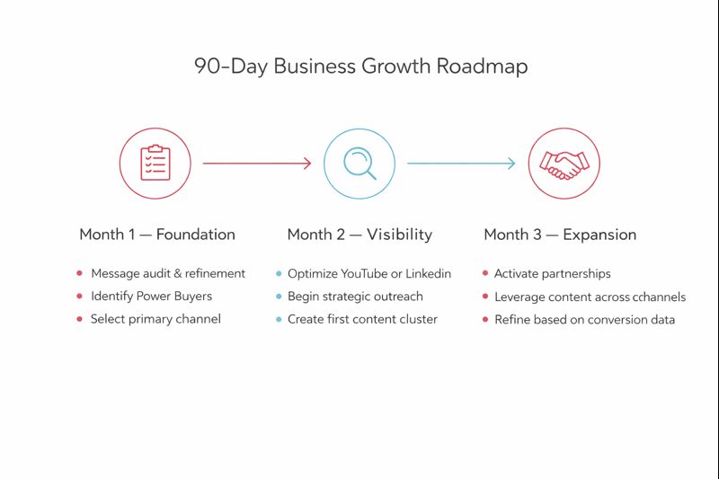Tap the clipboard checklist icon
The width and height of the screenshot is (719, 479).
pyautogui.click(x=155, y=163)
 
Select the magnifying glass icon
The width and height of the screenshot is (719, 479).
pyautogui.click(x=359, y=163)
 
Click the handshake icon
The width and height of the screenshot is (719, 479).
pyautogui.click(x=564, y=163)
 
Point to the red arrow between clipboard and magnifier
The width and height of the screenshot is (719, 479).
pyautogui.click(x=257, y=163)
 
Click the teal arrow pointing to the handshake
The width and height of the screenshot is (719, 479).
pyautogui.click(x=461, y=163)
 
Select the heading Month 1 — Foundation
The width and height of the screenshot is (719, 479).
pyautogui.click(x=157, y=235)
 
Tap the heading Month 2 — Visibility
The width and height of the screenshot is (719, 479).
pyautogui.click(x=359, y=235)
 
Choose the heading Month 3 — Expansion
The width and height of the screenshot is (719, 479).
pyautogui.click(x=560, y=235)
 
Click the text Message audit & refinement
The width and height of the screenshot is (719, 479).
pyautogui.click(x=168, y=273)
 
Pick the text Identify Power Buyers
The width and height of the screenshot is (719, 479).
pyautogui.click(x=151, y=297)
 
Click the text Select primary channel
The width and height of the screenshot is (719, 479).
pyautogui.click(x=155, y=319)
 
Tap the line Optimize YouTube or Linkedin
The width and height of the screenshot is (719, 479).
pyautogui.click(x=369, y=273)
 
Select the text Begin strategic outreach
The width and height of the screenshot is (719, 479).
pyautogui.click(x=355, y=297)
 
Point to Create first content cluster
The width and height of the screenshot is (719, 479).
pyautogui.click(x=362, y=319)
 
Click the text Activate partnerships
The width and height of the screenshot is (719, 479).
pyautogui.click(x=553, y=273)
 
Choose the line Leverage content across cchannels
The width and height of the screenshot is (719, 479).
pyautogui.click(x=590, y=297)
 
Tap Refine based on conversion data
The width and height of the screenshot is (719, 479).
pyautogui.click(x=584, y=319)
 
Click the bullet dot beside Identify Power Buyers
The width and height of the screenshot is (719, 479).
pyautogui.click(x=80, y=297)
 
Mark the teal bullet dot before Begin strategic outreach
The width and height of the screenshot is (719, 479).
pyautogui.click(x=279, y=297)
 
